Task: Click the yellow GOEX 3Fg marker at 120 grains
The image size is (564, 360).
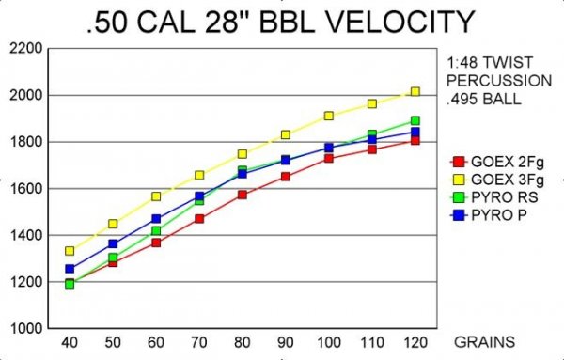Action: pos(415,92)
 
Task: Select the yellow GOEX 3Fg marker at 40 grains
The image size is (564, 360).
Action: pos(70,251)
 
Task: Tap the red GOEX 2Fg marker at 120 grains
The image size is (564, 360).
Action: pos(415,141)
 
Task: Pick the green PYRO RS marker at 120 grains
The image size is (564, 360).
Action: pos(415,121)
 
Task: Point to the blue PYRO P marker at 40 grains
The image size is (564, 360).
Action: pos(70,269)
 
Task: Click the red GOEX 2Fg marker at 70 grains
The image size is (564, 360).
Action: pos(199,219)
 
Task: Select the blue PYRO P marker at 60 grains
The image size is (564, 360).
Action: pos(156,219)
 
